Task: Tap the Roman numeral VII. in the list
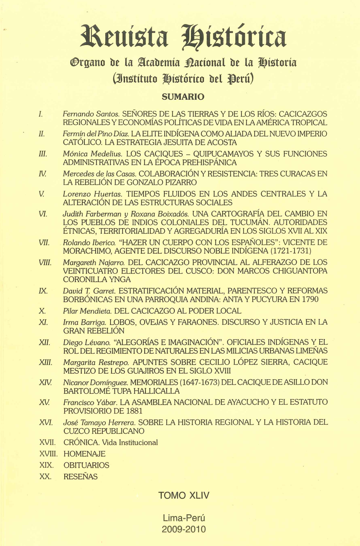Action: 44,243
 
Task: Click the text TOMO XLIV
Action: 184,495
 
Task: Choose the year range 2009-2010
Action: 184,529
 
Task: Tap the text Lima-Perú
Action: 184,518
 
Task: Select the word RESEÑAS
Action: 80,477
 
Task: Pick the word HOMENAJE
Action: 84,454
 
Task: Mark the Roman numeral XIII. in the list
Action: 45,362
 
